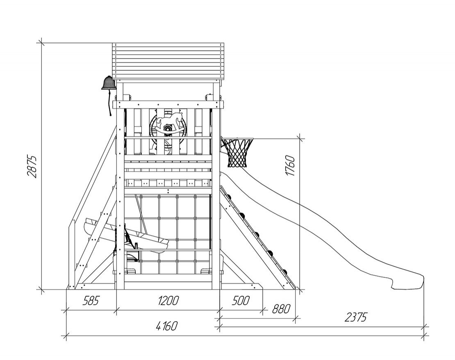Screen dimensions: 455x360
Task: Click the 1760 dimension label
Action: click(290, 165)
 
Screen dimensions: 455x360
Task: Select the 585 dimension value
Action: click(91, 301)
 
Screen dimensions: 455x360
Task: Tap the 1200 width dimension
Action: click(168, 301)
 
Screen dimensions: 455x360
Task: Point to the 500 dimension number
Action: click(241, 301)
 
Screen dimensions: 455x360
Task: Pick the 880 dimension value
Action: click(281, 309)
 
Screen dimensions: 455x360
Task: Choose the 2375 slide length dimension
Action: click(355, 317)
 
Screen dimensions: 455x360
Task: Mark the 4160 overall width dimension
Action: click(166, 326)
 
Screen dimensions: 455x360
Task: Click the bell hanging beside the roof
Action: click(109, 83)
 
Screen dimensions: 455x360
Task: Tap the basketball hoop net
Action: click(237, 153)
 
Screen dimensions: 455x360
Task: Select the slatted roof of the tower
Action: click(168, 62)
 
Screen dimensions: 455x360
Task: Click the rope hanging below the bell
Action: click(110, 103)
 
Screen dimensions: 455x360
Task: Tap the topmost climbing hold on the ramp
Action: click(229, 197)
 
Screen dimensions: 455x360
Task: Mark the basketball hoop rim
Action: click(237, 139)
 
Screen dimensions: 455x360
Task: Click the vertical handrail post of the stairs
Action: click(71, 254)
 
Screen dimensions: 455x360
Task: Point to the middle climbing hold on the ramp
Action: click(257, 235)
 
